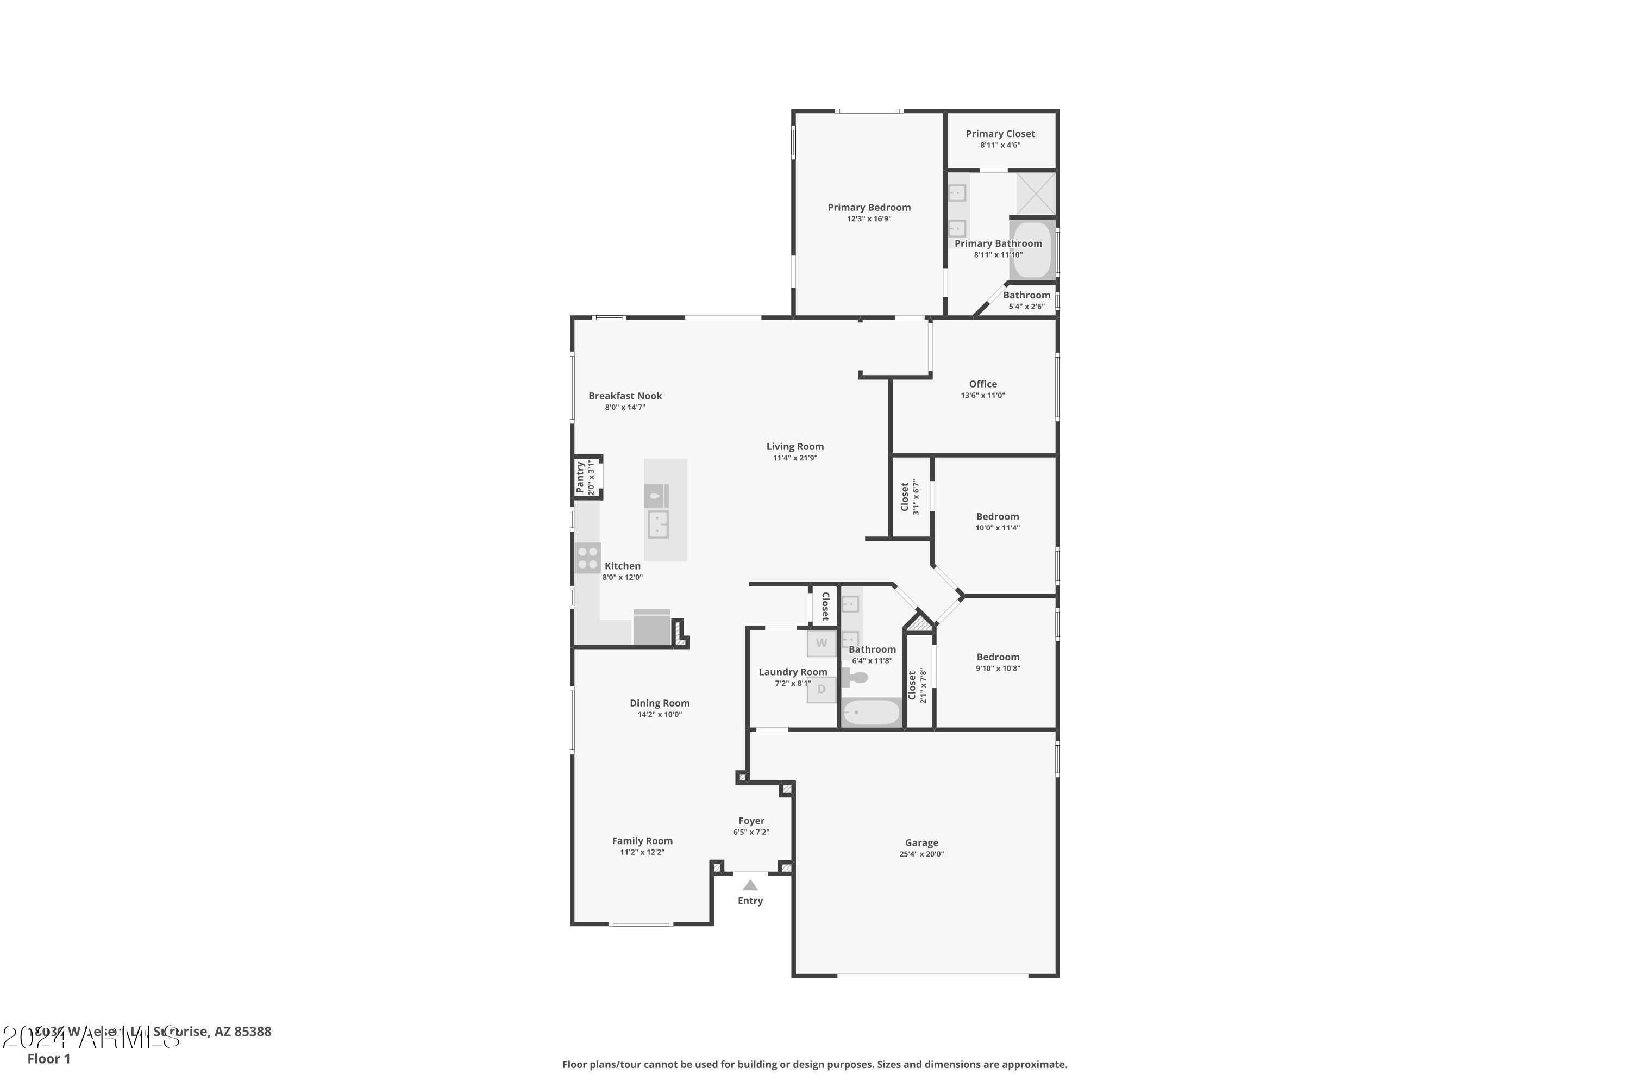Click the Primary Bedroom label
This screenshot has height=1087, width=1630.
pos(868,207)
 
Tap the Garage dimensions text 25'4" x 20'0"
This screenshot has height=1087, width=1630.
pos(921,854)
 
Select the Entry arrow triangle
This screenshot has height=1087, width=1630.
pos(750,885)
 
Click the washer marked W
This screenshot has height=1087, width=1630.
pos(821,642)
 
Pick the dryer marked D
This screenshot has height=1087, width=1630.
pos(821,689)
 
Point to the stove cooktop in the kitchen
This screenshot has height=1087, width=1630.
pos(587,558)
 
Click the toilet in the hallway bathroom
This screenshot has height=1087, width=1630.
pos(857,677)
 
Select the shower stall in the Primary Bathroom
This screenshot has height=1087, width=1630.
pos(1036,194)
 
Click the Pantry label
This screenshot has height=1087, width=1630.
pos(580,477)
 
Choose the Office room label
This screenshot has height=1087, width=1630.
pos(983,384)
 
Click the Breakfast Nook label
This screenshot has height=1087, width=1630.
pos(625,396)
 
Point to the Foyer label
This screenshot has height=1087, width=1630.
pos(751,821)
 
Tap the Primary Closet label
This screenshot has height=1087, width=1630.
pos(1000,134)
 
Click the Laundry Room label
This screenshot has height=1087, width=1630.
pos(793,672)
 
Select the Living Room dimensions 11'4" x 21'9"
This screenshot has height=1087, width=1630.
pos(795,458)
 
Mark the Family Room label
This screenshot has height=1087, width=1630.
pos(642,841)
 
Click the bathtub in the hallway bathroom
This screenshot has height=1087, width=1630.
pos(871,713)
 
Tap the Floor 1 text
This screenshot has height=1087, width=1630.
pos(48,1059)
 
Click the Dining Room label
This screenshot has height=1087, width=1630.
pos(659,703)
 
